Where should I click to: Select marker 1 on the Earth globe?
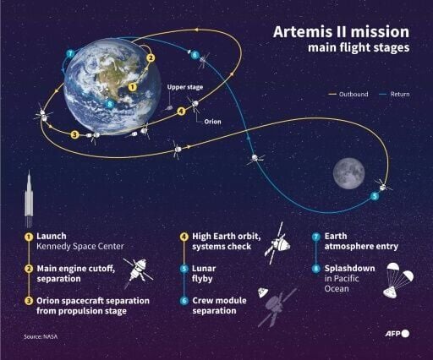(x=133, y=85)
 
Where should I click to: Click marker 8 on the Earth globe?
(x=110, y=104)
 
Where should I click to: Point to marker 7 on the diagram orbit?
(x=69, y=54)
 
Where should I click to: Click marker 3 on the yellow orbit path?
(x=75, y=134)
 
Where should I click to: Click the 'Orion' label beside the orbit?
(x=213, y=120)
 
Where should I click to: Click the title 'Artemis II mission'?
(x=342, y=32)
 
